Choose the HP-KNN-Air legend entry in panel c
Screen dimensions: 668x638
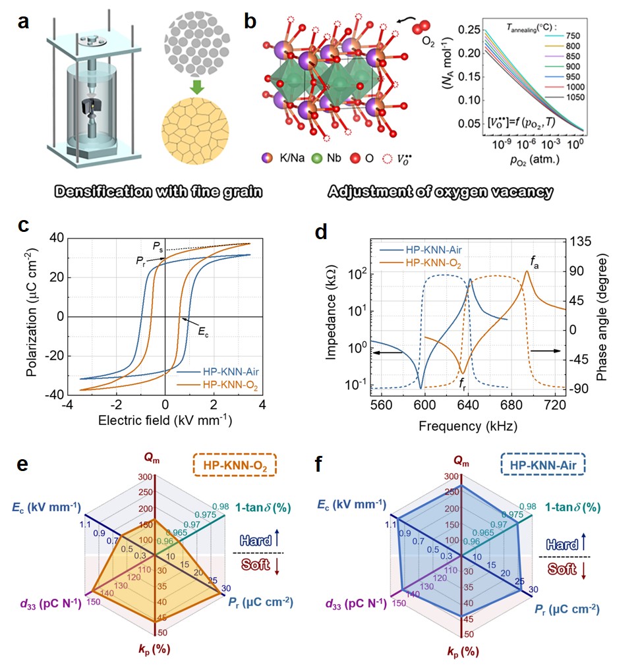(x=219, y=373)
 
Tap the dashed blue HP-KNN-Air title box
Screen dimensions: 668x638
(x=543, y=465)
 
